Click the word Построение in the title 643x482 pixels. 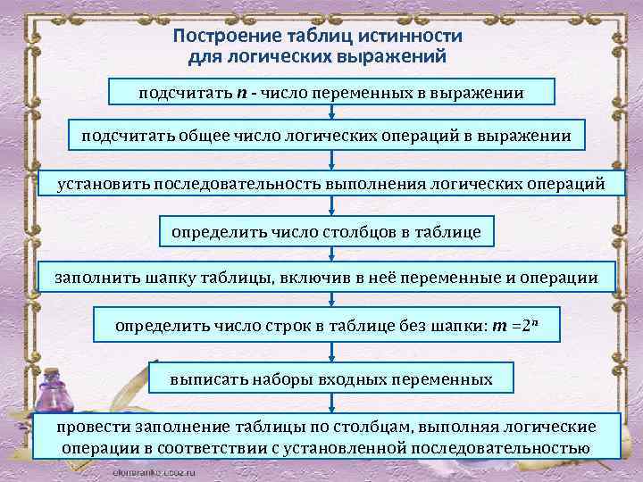pos(220,37)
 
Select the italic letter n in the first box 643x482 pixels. pos(241,93)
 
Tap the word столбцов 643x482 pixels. pos(350,232)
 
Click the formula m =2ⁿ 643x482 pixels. pos(515,325)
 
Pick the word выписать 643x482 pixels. pos(206,379)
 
